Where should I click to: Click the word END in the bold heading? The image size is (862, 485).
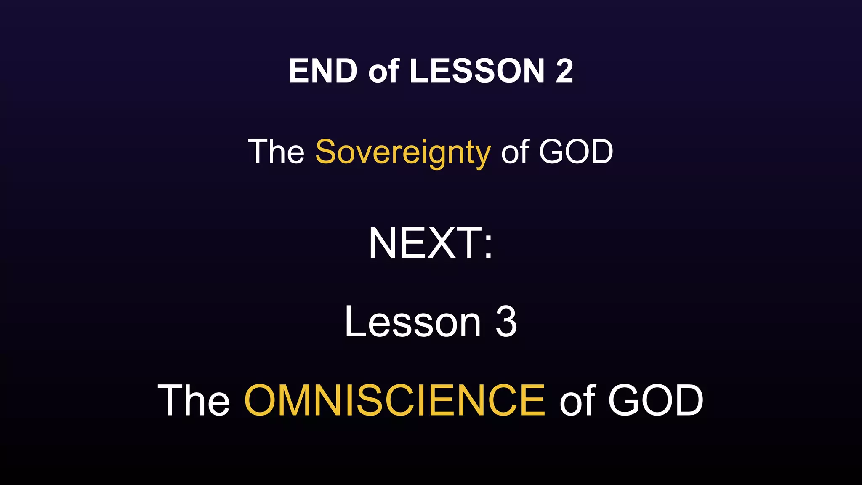[323, 71]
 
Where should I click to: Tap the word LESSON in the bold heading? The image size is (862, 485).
[477, 71]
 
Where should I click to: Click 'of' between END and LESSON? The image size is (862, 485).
[383, 71]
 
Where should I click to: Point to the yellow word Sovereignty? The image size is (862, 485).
[403, 152]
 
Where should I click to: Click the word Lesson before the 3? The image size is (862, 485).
[412, 322]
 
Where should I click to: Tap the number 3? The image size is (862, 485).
[506, 322]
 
